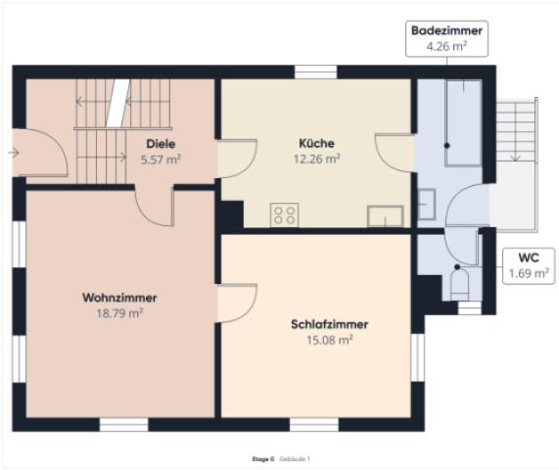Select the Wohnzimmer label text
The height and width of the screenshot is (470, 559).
coord(119,298)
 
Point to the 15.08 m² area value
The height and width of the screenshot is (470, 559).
coord(321,340)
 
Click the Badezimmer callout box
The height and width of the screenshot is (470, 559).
coord(446,37)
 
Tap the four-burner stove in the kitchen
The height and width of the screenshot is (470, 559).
coord(285,215)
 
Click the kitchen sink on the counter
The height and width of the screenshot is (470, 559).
coord(385,216)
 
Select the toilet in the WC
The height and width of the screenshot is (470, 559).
coord(460,285)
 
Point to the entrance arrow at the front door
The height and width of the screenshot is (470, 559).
coord(12,153)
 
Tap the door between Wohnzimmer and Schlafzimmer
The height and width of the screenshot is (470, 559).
coord(236,303)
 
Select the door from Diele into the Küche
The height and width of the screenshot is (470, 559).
coord(236,158)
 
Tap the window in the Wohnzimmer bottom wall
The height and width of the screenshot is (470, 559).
coord(123,425)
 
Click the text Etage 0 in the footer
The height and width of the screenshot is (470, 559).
coord(263,458)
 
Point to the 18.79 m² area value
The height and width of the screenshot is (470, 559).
coord(119,313)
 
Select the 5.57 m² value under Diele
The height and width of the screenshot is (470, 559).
coord(161,159)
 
